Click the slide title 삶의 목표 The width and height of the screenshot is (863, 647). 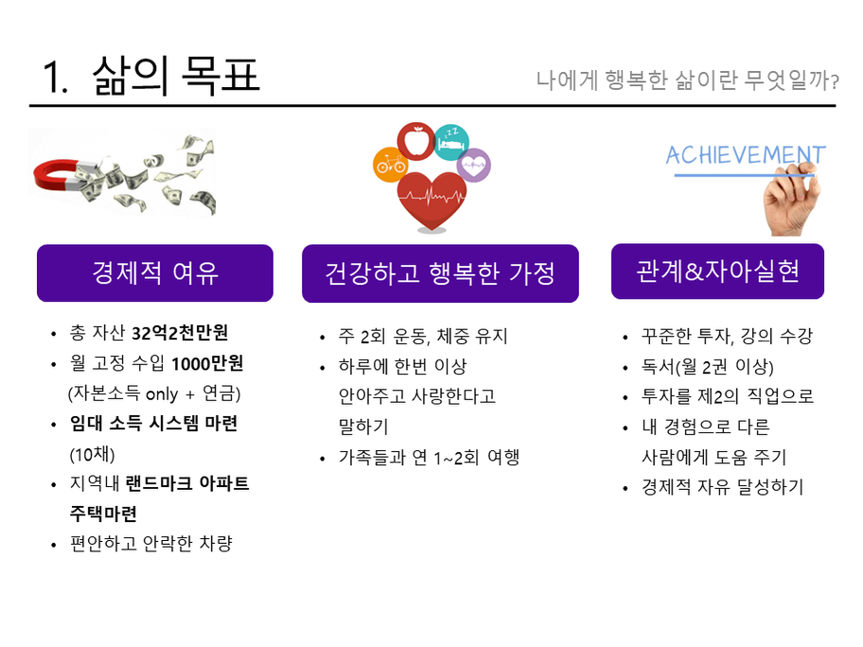click(176, 76)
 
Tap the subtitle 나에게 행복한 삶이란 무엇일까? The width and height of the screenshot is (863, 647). click(687, 80)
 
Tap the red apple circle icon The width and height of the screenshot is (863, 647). click(415, 141)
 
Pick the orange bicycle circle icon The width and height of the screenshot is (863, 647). click(390, 165)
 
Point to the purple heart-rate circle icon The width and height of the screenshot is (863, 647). click(474, 166)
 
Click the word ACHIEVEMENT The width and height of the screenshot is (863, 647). click(746, 155)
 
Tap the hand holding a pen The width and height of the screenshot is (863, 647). click(793, 199)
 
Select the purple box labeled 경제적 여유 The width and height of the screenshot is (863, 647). click(155, 272)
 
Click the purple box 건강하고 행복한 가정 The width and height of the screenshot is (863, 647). click(440, 273)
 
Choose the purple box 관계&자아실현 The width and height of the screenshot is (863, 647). click(717, 271)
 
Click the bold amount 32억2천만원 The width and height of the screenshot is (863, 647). click(180, 333)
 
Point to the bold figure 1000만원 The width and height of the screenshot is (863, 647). click(207, 363)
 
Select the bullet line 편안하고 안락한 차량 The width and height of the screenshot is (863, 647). click(151, 543)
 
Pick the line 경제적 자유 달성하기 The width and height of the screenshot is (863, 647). click(722, 487)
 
